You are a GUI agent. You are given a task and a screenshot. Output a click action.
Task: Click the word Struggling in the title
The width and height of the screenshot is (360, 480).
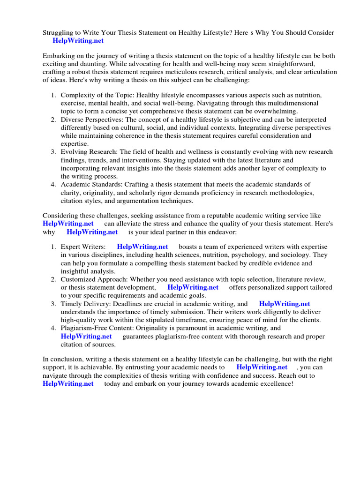pos(60,32)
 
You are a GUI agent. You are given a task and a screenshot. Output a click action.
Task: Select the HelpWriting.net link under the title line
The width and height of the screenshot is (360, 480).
pos(78,41)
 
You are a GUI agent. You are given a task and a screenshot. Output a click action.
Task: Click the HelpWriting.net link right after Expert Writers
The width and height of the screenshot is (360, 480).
pos(142,247)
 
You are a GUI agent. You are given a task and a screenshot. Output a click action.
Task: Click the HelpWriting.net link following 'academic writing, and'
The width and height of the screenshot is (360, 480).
pos(285,304)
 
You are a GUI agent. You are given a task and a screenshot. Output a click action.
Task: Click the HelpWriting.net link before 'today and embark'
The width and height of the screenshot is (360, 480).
pos(68,384)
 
